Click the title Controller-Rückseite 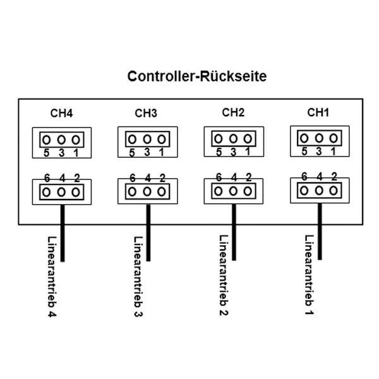point(196,76)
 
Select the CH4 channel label point(61,114)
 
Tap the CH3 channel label point(146,114)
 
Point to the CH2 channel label point(233,113)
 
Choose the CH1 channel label point(318,113)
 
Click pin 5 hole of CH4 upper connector point(47,140)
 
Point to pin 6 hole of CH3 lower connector point(132,191)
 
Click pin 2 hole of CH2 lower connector point(248,191)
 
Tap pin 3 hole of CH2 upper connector point(233,138)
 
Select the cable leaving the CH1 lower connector point(320,231)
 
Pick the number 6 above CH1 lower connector point(304,177)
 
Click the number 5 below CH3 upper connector point(132,153)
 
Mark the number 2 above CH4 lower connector point(77,179)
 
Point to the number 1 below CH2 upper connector point(248,152)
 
